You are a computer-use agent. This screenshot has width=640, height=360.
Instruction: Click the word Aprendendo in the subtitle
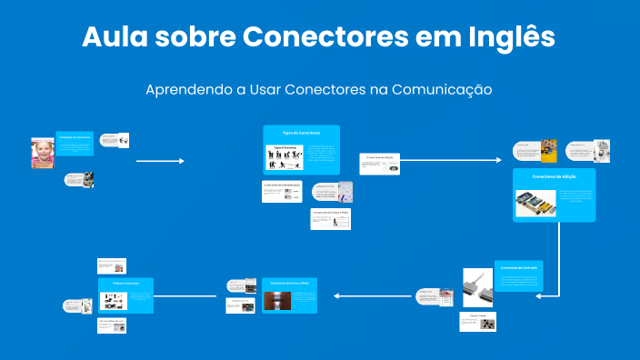tap(186, 90)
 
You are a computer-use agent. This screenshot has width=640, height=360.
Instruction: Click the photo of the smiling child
tap(42, 153)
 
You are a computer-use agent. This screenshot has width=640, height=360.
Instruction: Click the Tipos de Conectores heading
tap(301, 133)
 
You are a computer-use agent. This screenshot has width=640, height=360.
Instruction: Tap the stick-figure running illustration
tap(284, 156)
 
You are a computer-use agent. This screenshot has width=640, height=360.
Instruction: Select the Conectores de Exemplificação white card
tap(281, 191)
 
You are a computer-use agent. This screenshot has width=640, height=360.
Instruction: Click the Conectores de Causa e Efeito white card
tap(330, 219)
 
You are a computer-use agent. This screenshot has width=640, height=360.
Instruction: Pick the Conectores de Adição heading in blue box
tap(554, 175)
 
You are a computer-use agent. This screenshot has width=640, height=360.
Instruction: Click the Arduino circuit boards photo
tap(535, 203)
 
